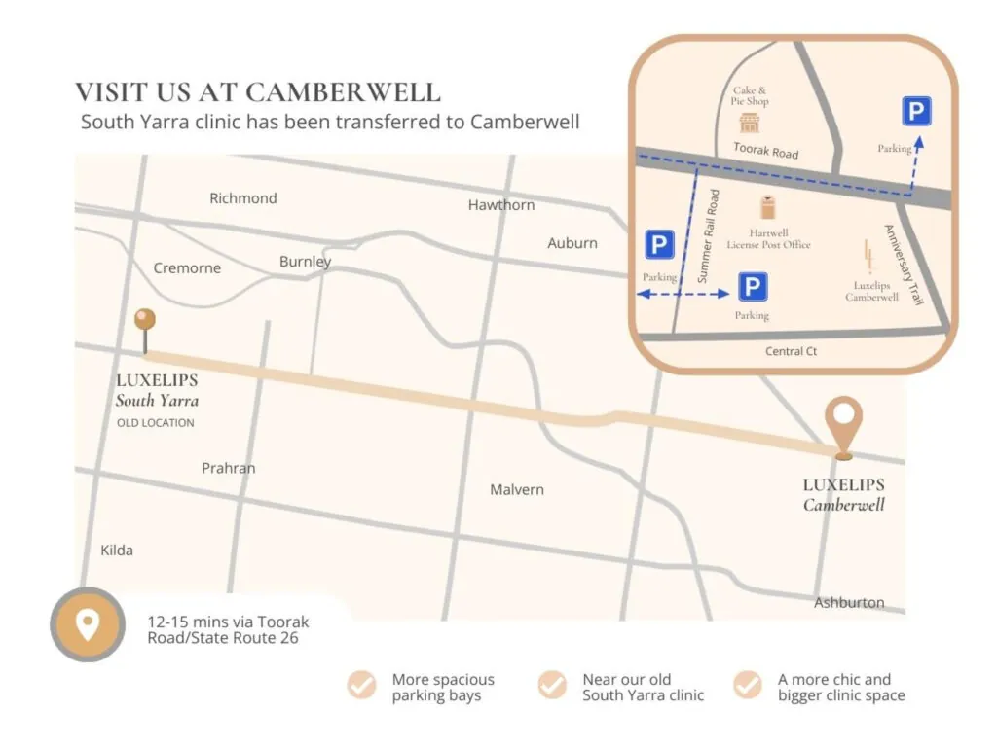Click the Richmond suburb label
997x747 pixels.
tap(243, 198)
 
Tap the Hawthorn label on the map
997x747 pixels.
tap(501, 205)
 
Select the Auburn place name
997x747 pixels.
tap(572, 243)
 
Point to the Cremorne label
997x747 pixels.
tap(187, 268)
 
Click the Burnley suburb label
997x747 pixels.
tap(306, 262)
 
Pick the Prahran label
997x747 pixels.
tap(229, 468)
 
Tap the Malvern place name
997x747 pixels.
tap(517, 489)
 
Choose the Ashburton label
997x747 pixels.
tap(849, 603)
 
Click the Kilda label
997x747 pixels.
tap(117, 551)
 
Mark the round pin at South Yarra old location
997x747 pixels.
tap(146, 320)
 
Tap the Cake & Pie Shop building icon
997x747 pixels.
tap(749, 123)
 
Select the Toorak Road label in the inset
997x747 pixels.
tap(765, 151)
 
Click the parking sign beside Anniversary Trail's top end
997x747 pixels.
tap(915, 112)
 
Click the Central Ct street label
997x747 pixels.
tap(791, 351)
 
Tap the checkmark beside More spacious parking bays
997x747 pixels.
tap(362, 686)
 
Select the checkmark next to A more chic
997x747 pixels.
tap(748, 686)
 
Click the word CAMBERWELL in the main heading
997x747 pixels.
tap(344, 93)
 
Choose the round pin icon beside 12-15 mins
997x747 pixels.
tap(88, 624)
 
